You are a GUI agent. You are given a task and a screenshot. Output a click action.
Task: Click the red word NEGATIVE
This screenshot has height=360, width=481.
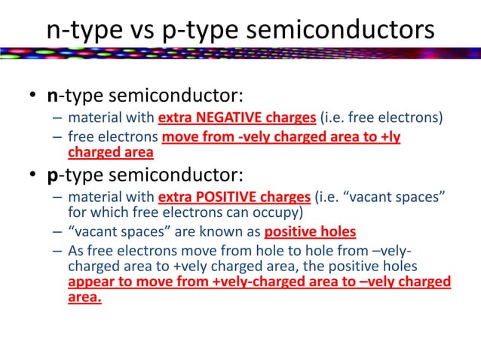(x=223, y=119)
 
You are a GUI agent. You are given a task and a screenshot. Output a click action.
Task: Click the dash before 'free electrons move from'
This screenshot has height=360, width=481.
(x=57, y=138)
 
